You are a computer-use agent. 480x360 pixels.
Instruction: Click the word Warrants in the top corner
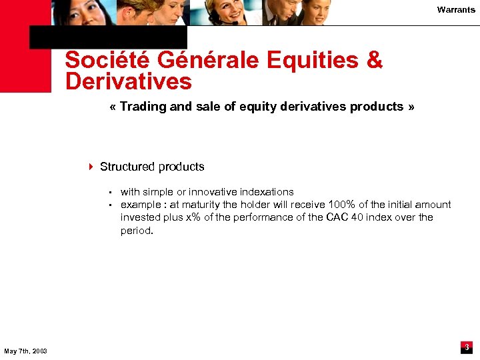click(x=456, y=9)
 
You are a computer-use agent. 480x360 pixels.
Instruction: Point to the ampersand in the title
click(x=375, y=61)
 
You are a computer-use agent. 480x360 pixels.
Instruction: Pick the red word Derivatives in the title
click(x=128, y=82)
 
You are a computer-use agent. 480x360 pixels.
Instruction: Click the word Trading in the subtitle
click(x=143, y=107)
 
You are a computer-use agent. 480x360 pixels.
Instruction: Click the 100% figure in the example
click(x=343, y=205)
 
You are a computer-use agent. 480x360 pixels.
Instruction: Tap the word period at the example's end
click(x=136, y=231)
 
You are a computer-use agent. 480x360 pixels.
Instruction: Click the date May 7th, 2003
click(x=25, y=351)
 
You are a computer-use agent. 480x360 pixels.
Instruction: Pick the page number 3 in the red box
click(x=467, y=347)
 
